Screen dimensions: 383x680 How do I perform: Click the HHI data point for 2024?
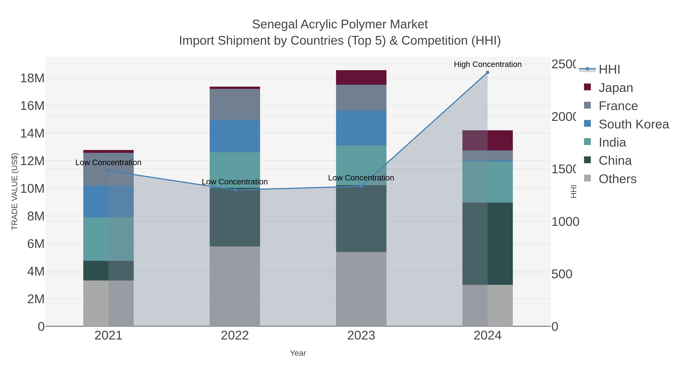(x=487, y=72)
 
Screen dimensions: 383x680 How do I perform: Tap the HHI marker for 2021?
(x=108, y=171)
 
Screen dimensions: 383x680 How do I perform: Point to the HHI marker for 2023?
(x=361, y=186)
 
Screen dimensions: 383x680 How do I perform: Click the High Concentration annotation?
(x=488, y=64)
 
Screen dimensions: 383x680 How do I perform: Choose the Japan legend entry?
(x=615, y=88)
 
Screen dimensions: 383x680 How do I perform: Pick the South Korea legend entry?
(x=633, y=124)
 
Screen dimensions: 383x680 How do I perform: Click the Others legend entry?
(x=617, y=179)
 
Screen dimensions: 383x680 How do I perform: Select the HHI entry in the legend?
(x=609, y=70)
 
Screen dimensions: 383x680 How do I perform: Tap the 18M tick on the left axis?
(x=32, y=78)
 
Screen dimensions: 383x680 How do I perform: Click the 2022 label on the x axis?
(x=235, y=336)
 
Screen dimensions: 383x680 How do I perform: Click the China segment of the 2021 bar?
(x=108, y=271)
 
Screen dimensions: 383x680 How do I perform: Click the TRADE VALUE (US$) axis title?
(x=15, y=191)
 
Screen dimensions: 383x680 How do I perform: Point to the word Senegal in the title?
(x=274, y=25)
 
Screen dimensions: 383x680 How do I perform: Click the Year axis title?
(x=298, y=353)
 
